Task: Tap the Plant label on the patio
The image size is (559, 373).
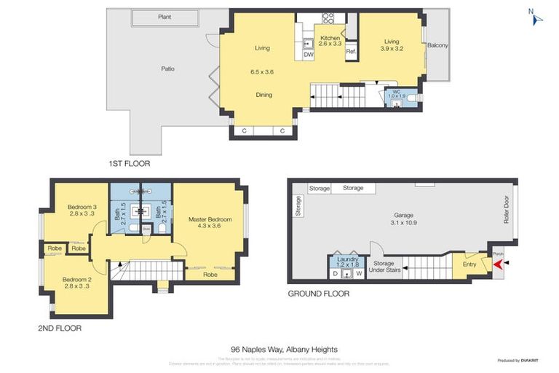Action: [165, 17]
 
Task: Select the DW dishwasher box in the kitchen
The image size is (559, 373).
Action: [308, 55]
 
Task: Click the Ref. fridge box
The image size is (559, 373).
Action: [350, 52]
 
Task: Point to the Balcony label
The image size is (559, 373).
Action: [438, 45]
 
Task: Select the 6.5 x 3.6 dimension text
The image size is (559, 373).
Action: [262, 72]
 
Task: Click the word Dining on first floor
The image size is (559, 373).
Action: [263, 95]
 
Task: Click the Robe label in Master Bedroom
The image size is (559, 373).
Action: [210, 275]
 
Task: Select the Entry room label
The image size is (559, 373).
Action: [469, 264]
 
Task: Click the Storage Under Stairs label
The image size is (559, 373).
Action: [384, 267]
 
